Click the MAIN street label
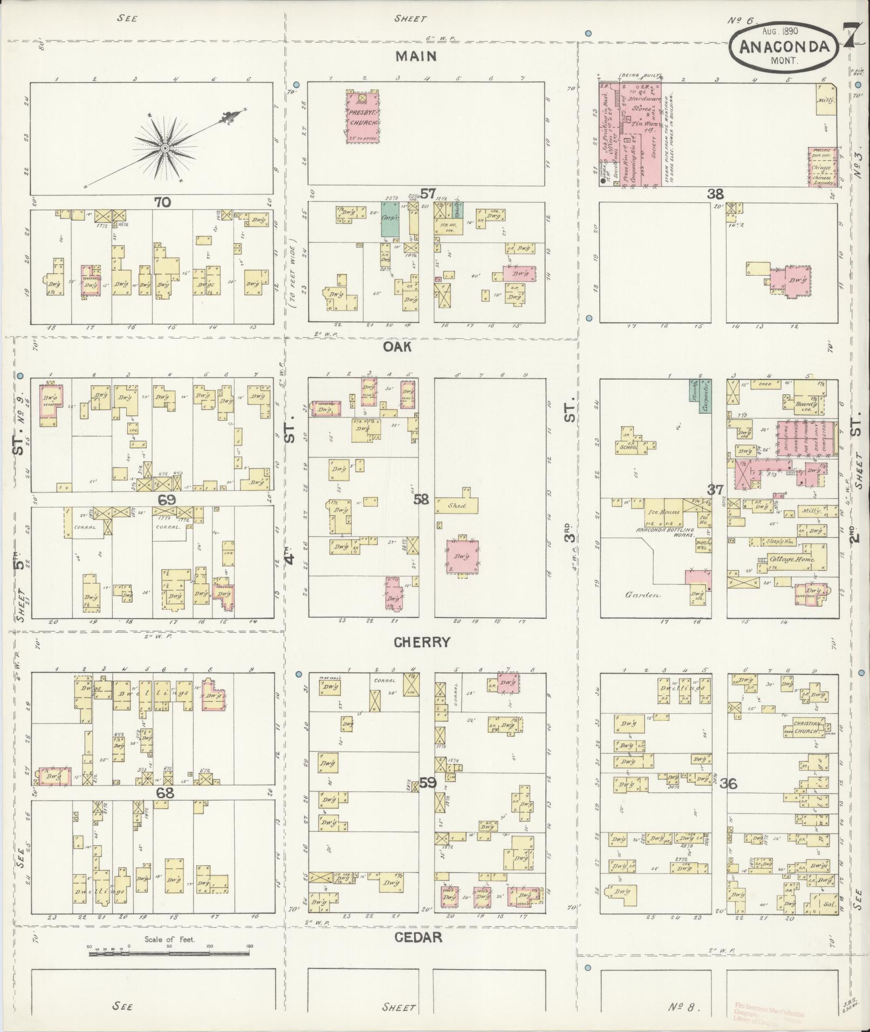click(x=415, y=57)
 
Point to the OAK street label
click(x=397, y=346)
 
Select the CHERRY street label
click(x=421, y=642)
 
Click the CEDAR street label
click(x=418, y=937)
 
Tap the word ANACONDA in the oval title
click(x=783, y=47)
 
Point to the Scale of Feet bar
click(x=169, y=954)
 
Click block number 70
click(x=162, y=202)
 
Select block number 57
click(x=428, y=193)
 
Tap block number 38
click(x=716, y=194)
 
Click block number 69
click(x=167, y=500)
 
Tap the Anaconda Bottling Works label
click(x=662, y=530)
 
